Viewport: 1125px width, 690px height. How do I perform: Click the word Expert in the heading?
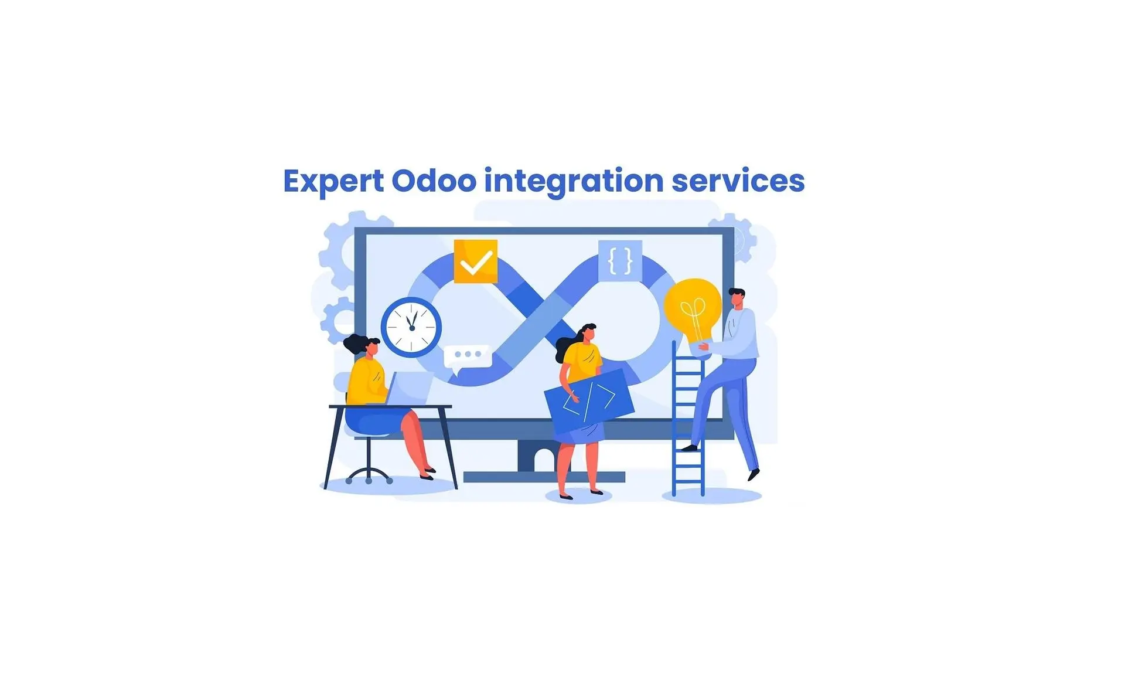[x=333, y=181]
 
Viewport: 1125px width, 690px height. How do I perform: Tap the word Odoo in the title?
[x=434, y=181]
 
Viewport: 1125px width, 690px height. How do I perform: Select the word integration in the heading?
[x=574, y=181]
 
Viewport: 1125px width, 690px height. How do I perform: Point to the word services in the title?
[x=738, y=181]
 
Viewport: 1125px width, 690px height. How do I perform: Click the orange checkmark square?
[x=476, y=261]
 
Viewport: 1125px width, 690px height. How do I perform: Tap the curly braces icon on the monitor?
[x=621, y=261]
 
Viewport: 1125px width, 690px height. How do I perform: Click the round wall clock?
[x=411, y=327]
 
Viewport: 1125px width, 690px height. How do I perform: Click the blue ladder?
[x=688, y=419]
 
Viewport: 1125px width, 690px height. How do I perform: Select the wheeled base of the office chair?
[x=369, y=475]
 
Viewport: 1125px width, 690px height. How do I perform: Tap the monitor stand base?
[x=544, y=477]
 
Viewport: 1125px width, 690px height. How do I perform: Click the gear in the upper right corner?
[x=732, y=237]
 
